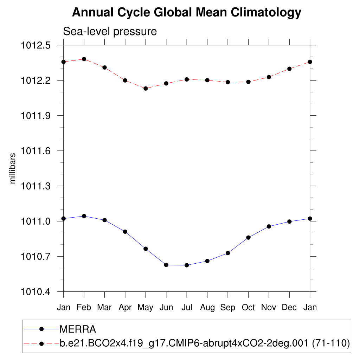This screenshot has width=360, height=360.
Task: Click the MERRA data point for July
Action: point(187,265)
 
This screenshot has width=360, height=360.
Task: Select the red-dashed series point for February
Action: point(84,59)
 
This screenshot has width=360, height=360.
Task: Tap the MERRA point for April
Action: point(125,232)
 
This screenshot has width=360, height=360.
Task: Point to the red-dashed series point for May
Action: point(146,89)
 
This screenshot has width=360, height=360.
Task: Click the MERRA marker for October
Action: point(248,238)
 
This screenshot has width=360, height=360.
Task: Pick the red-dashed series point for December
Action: point(289,69)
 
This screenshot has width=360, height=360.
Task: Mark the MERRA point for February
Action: point(84,216)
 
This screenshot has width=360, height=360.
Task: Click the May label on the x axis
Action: point(146,308)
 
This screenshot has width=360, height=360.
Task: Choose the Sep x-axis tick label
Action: point(228,308)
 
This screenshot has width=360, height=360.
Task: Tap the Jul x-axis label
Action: point(187,308)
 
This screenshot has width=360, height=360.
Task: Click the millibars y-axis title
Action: point(13,168)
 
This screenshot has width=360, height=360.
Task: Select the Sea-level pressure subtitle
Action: point(110,32)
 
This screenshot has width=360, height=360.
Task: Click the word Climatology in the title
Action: point(266,13)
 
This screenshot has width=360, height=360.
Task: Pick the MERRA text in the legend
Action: point(78,329)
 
